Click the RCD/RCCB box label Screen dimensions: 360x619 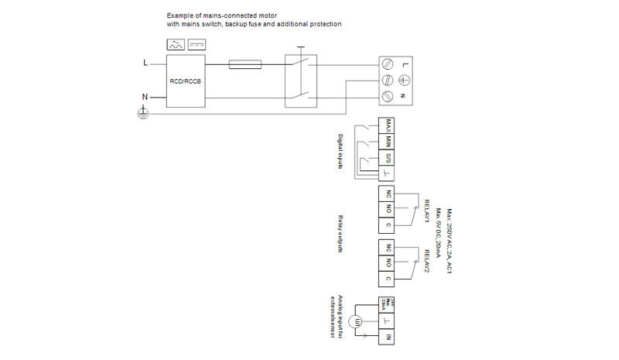point(184,81)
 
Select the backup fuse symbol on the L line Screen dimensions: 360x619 point(245,65)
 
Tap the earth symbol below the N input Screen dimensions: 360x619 point(142,112)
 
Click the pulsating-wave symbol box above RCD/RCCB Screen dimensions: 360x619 point(175,45)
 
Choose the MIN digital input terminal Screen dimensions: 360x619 point(386,142)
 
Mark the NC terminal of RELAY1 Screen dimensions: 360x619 point(386,193)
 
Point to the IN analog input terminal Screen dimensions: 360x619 point(386,337)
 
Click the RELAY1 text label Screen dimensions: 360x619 point(426,211)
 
